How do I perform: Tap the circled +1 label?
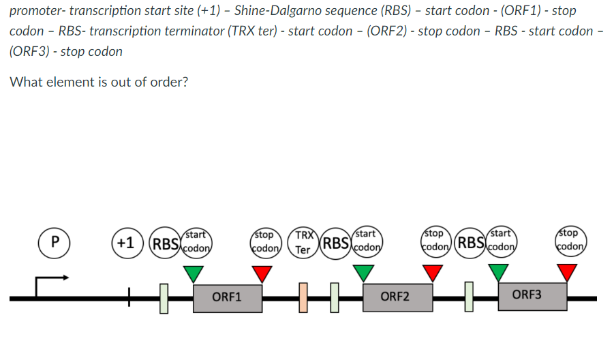[x=126, y=241]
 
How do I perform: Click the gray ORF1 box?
[x=228, y=297]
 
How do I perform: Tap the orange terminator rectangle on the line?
[x=303, y=299]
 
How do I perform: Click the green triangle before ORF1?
[x=194, y=273]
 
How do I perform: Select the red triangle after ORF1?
[x=262, y=273]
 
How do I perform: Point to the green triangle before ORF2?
[x=363, y=273]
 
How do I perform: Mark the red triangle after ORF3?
[x=567, y=273]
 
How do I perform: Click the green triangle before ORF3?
[x=499, y=273]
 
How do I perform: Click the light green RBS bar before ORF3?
[x=469, y=298]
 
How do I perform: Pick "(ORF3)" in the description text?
[x=31, y=52]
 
